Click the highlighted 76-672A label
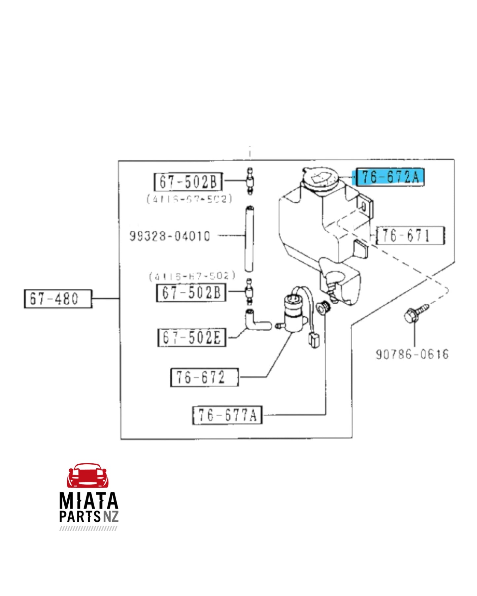[x=390, y=177]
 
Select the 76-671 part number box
[x=410, y=236]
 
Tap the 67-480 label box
[x=58, y=299]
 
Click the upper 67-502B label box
[x=188, y=182]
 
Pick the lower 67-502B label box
[x=191, y=292]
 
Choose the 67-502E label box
[x=192, y=337]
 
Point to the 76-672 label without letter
[x=204, y=377]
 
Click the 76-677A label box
[x=227, y=415]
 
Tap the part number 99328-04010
[x=170, y=236]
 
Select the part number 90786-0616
[x=412, y=354]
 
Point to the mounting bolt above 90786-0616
[x=415, y=313]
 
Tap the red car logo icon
[x=88, y=476]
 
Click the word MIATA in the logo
[x=88, y=501]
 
